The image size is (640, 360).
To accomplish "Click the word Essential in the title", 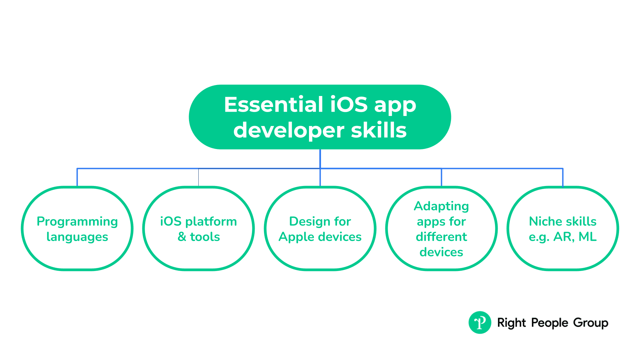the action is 274,105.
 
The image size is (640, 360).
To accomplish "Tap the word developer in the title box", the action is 289,131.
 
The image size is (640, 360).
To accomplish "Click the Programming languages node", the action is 77,228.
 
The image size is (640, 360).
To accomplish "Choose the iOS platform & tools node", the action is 199,228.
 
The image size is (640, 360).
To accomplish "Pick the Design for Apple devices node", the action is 320,228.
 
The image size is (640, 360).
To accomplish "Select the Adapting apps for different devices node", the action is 441,228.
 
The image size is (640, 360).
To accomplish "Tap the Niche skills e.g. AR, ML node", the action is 563,228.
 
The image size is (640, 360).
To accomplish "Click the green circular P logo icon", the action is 480,322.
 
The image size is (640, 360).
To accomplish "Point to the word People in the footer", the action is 550,323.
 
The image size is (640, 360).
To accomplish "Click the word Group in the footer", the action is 591,323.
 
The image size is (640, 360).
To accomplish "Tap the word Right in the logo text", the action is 511,323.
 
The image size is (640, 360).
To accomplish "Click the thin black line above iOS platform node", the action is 199,177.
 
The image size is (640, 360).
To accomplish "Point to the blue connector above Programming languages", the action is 77,177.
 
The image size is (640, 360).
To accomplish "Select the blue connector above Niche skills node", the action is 563,177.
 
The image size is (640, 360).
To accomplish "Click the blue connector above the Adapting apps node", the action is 441,177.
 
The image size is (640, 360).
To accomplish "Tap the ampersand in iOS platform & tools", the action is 182,237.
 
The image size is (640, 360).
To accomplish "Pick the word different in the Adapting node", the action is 441,237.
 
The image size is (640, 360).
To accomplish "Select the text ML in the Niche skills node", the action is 588,237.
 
